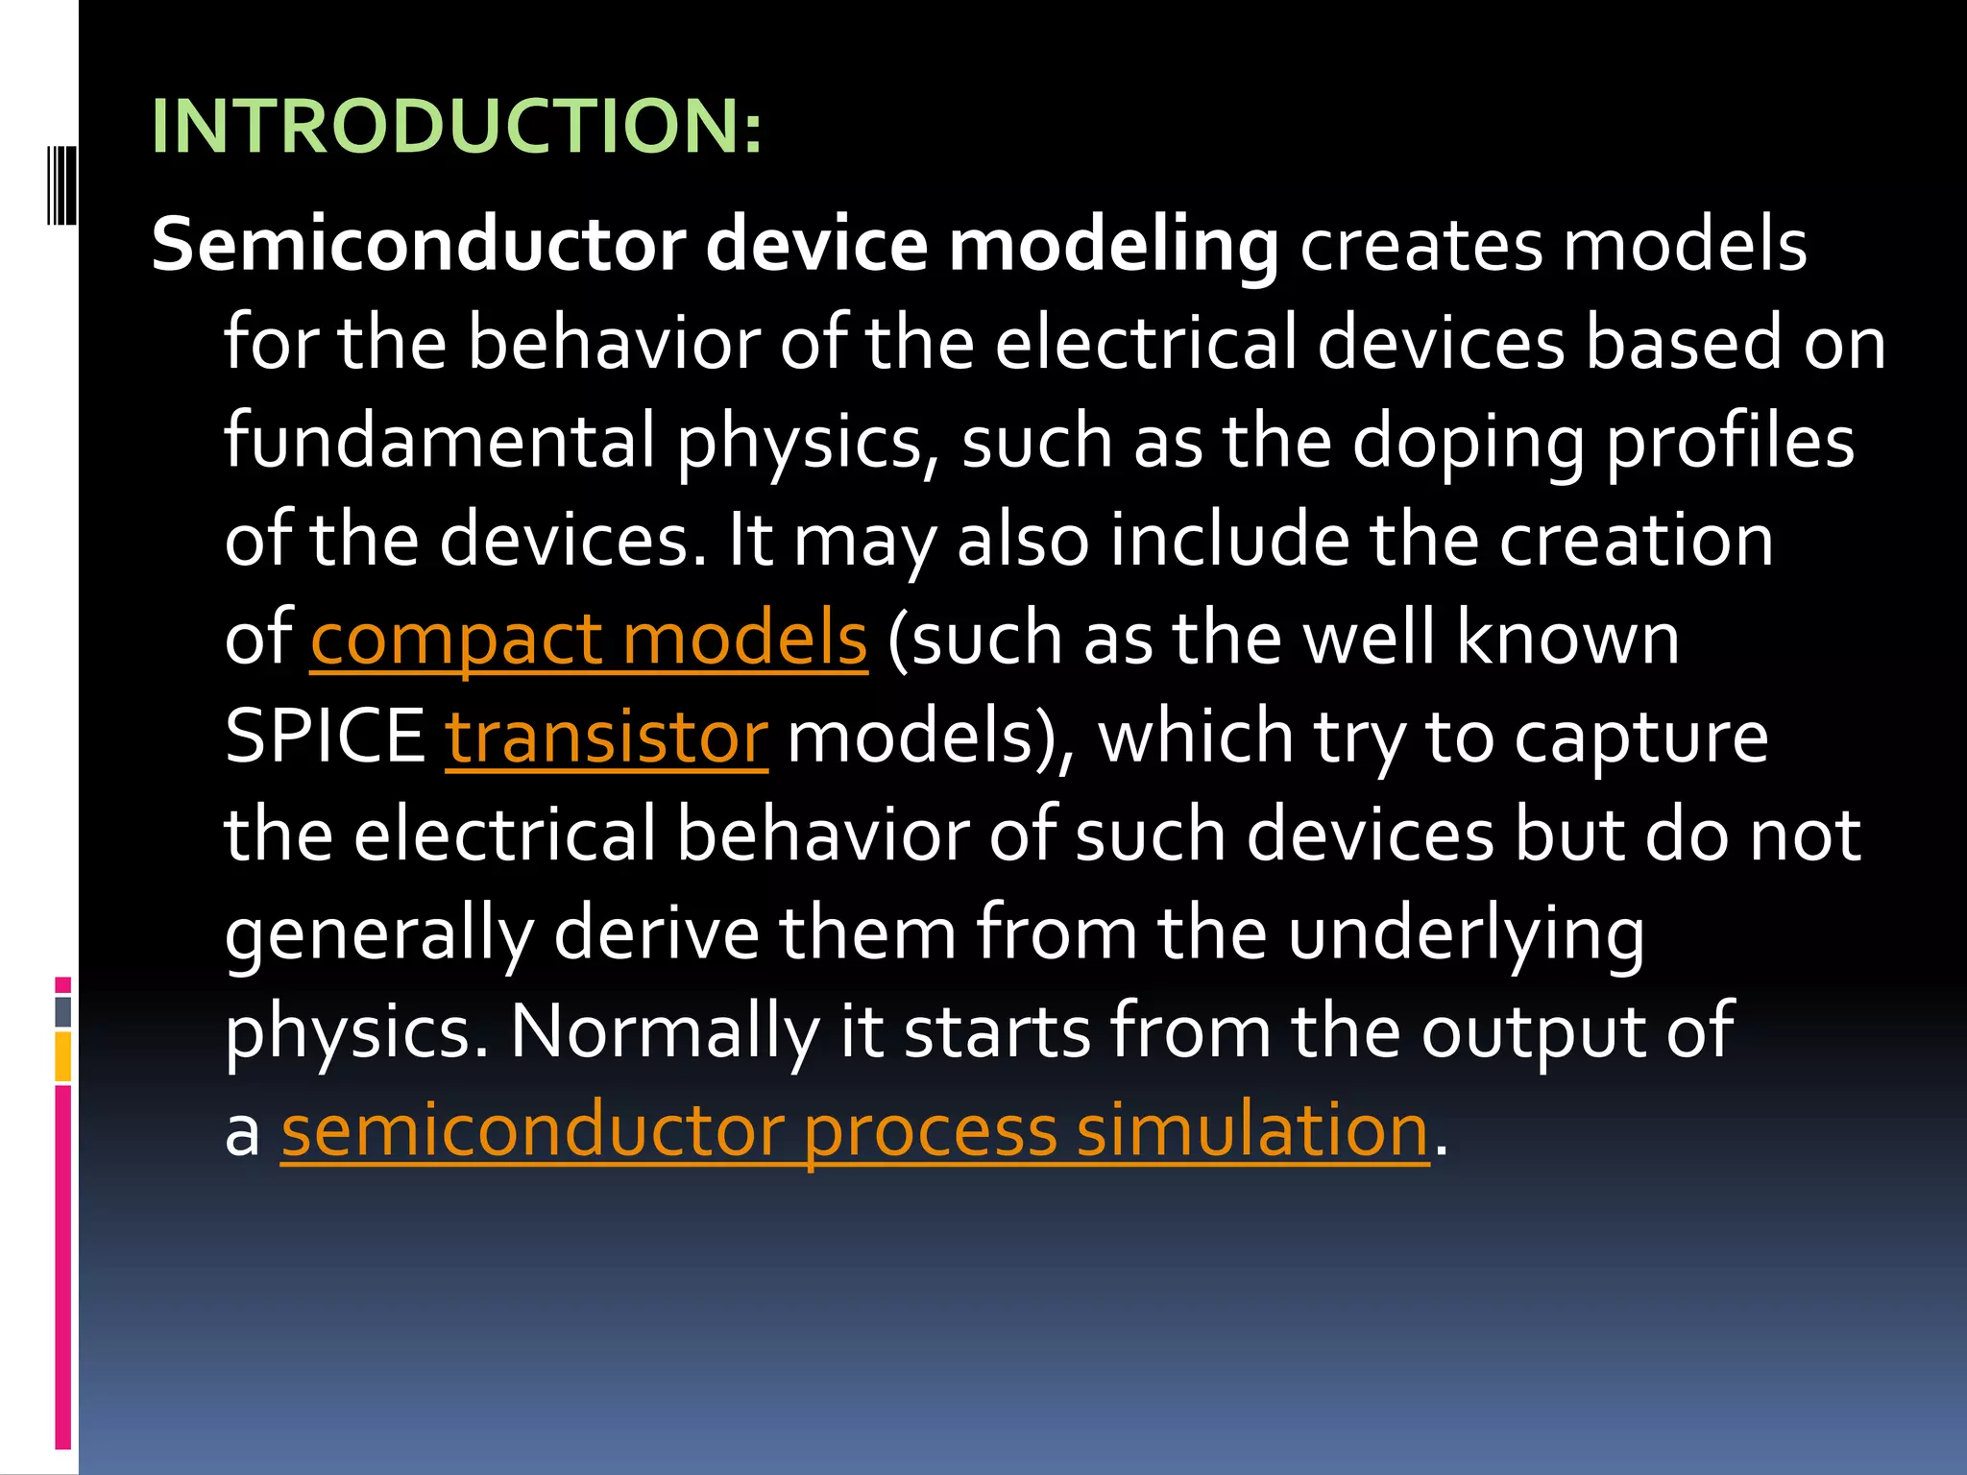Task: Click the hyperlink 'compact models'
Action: [588, 640]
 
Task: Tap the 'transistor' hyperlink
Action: [606, 737]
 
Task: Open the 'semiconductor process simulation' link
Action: [855, 1130]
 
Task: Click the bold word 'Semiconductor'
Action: [419, 245]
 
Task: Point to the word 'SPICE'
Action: [325, 737]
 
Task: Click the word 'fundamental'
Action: [440, 441]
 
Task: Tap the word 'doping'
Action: [1468, 443]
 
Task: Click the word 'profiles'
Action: [1730, 443]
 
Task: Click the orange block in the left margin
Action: [62, 1056]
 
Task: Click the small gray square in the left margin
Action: [62, 1011]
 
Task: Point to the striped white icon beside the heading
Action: [62, 184]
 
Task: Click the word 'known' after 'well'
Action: [1567, 640]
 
